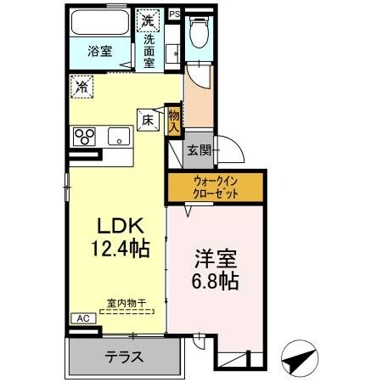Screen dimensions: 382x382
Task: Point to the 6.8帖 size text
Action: point(216,281)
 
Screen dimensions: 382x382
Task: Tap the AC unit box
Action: point(82,318)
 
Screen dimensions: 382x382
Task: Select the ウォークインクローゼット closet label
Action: point(215,187)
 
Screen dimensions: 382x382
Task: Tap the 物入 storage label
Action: point(174,118)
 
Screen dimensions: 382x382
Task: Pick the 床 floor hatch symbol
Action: point(146,121)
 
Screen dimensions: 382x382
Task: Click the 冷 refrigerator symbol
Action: point(82,85)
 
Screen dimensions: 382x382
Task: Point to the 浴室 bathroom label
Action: point(100,52)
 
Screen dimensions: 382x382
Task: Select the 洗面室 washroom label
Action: point(149,51)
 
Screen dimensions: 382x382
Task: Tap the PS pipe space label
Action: point(174,14)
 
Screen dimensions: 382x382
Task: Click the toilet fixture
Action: point(200,34)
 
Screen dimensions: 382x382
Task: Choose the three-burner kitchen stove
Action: point(86,137)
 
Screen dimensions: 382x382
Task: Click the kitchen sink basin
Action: point(119,136)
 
